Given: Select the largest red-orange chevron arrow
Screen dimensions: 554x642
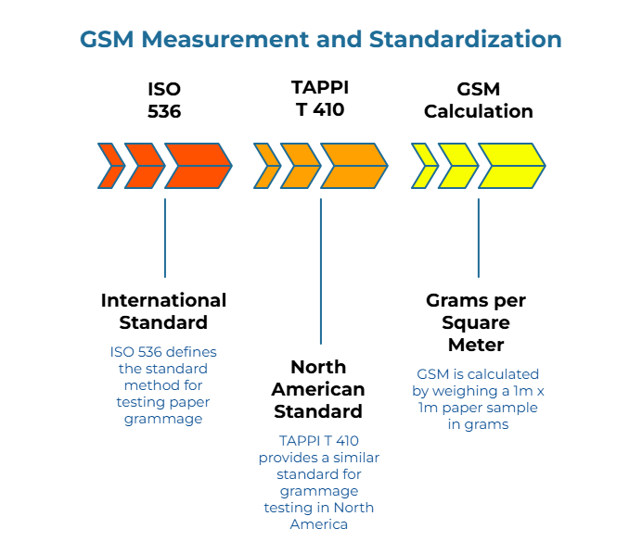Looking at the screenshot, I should tap(198, 166).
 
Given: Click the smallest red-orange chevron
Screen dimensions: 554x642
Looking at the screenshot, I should tap(110, 166).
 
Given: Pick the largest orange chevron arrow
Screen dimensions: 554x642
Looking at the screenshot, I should tap(353, 166).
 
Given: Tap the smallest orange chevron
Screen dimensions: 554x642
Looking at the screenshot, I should tap(266, 166).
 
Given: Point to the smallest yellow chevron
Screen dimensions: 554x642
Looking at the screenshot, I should tap(424, 166).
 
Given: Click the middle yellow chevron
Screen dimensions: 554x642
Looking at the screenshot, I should tap(457, 166).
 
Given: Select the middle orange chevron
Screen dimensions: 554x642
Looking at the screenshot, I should tap(300, 166).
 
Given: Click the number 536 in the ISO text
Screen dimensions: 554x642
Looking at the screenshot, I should tap(153, 352).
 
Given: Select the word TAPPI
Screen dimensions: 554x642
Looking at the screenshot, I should tap(299, 441).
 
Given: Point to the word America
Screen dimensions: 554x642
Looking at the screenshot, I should tap(319, 524).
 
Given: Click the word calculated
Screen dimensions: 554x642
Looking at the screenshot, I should tap(503, 374).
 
